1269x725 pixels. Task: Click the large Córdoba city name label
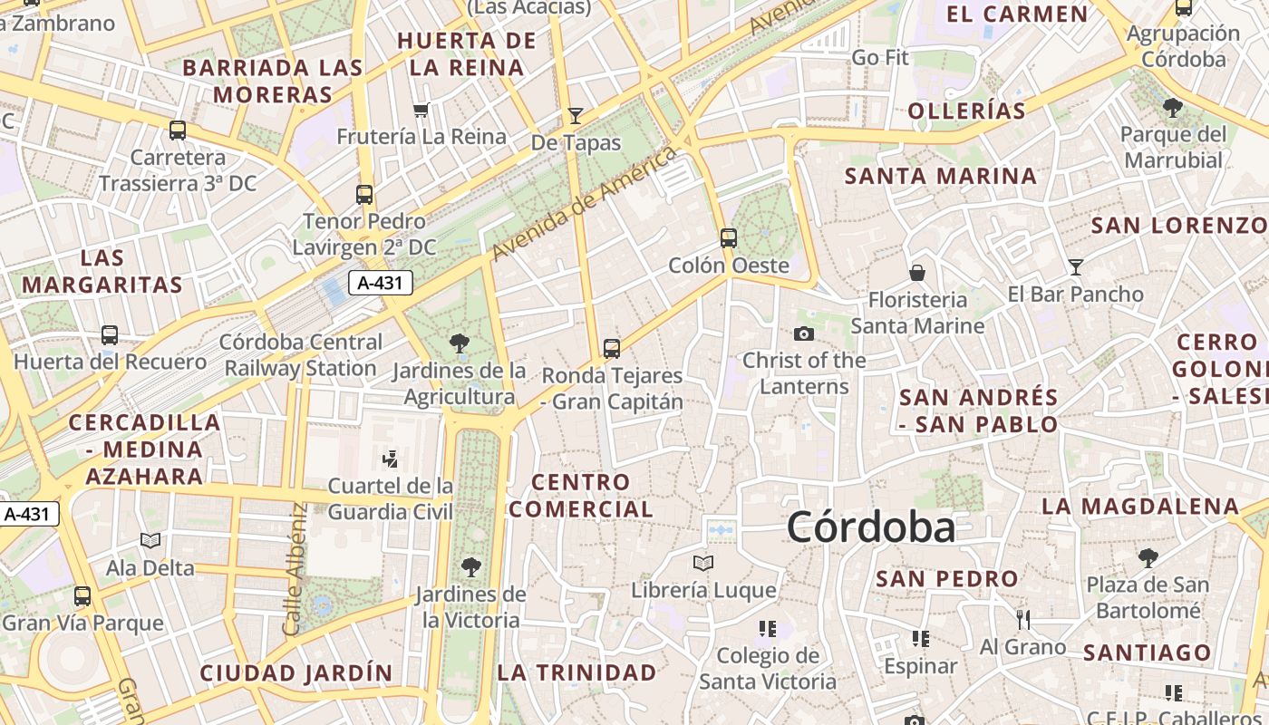tap(870, 527)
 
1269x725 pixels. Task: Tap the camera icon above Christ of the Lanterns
tap(803, 333)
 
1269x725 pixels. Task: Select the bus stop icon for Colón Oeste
tap(729, 238)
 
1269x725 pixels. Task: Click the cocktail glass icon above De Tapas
tap(575, 115)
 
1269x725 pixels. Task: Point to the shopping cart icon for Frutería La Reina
tap(421, 110)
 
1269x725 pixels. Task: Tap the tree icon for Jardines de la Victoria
tap(470, 567)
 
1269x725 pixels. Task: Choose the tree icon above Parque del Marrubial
tap(1173, 108)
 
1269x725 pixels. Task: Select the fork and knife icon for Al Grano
tap(1023, 620)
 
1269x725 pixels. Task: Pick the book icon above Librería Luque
tap(703, 563)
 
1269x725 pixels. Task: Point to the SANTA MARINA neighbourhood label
tap(940, 176)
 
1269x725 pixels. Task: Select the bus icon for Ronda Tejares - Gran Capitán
tap(612, 348)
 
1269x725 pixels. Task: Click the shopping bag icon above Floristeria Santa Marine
tap(917, 272)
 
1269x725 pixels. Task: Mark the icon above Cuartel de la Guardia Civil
tap(391, 459)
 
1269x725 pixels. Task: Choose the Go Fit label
tap(879, 58)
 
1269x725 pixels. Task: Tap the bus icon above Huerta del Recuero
tap(110, 335)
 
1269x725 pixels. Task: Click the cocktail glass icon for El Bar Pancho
tap(1075, 266)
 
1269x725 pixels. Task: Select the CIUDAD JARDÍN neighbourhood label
tap(295, 673)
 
